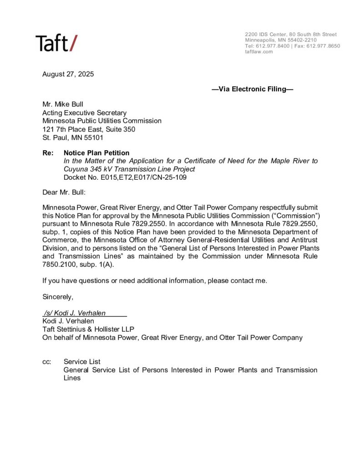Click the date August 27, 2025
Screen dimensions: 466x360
[68, 74]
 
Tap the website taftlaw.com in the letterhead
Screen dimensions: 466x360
[259, 51]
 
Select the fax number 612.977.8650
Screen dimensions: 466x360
[324, 46]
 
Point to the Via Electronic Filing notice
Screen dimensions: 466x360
[253, 89]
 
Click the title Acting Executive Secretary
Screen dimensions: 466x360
[84, 112]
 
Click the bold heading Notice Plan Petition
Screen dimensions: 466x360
[96, 153]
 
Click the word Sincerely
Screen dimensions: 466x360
[58, 297]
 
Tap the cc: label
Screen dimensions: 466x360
[46, 361]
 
